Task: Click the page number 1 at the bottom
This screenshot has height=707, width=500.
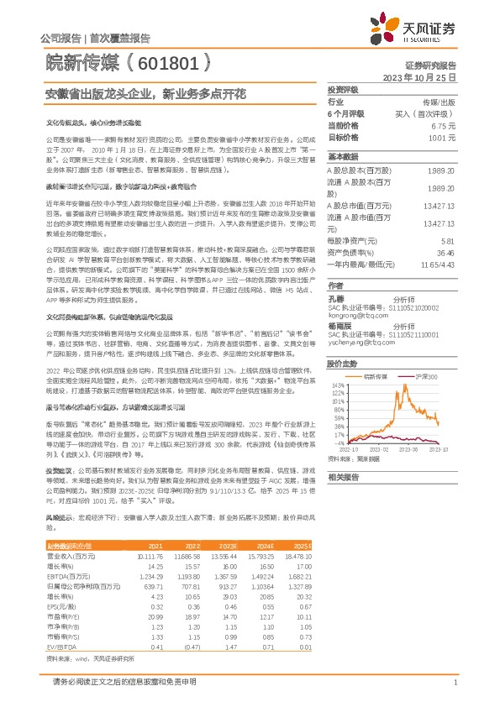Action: (x=454, y=684)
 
